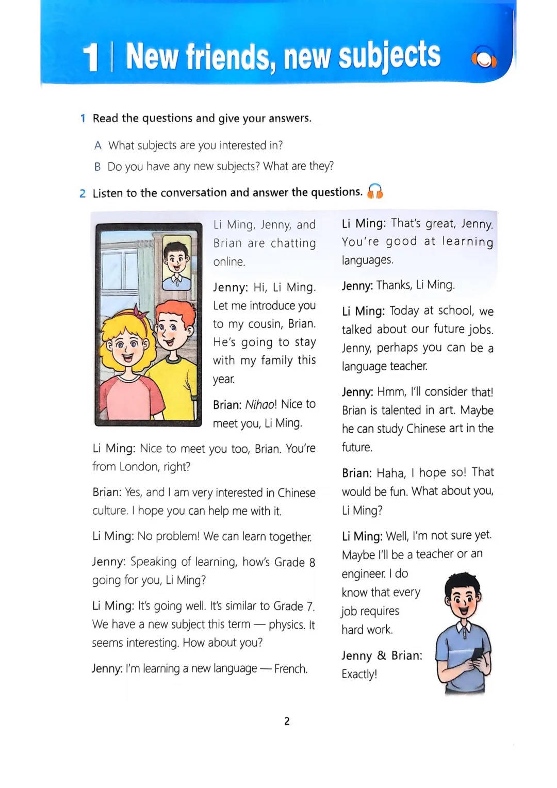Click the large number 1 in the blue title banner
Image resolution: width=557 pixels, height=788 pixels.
[90, 57]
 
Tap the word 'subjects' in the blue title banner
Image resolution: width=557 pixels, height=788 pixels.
[389, 56]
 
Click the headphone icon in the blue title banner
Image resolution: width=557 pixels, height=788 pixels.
[484, 60]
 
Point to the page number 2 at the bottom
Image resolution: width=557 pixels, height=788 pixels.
[287, 721]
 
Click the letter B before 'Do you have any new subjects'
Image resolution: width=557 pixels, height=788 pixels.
[97, 167]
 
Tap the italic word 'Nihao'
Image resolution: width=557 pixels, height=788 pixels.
[260, 404]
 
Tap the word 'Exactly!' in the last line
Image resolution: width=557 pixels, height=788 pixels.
[359, 674]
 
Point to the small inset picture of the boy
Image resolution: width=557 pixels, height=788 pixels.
[176, 261]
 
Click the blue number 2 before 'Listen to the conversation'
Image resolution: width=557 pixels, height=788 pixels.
[83, 193]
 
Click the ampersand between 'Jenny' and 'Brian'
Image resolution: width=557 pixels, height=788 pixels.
[382, 655]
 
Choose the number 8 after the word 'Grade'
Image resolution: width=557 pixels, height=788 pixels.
[312, 562]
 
